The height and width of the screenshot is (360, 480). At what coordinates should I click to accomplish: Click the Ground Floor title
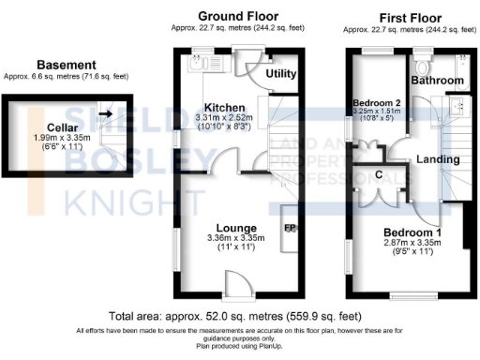(x=234, y=16)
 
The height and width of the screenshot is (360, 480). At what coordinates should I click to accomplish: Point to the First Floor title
(x=411, y=16)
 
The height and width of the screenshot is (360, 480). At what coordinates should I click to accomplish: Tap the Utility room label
(x=281, y=73)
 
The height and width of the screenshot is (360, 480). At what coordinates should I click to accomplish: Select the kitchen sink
(x=199, y=65)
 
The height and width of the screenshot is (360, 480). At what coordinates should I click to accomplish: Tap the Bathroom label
(x=441, y=82)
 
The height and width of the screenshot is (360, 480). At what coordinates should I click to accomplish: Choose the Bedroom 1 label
(x=412, y=232)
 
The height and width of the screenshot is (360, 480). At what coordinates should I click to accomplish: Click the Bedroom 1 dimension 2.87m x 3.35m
(x=411, y=242)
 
